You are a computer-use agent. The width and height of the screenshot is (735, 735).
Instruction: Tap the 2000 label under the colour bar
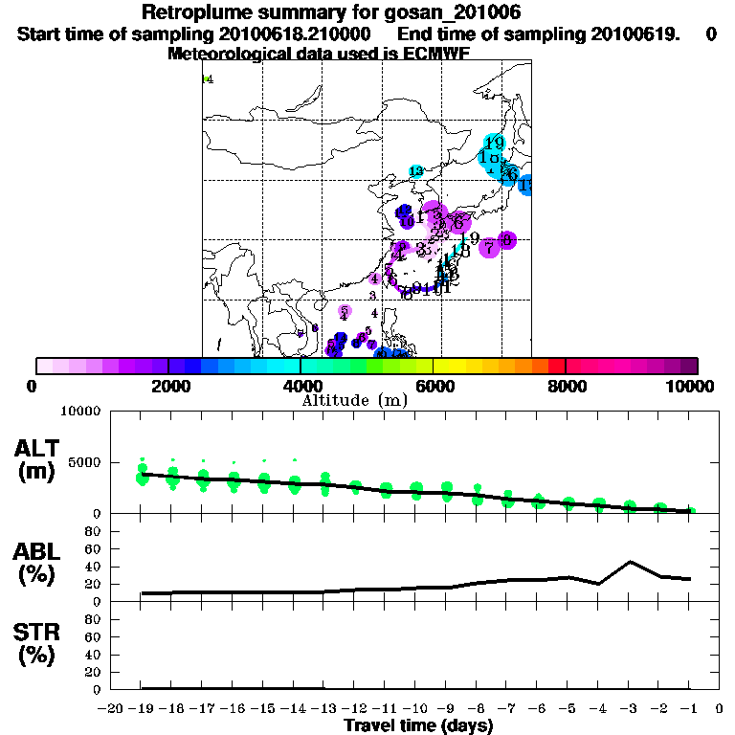[167, 386]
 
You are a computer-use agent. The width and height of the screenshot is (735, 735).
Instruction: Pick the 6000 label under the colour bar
[433, 386]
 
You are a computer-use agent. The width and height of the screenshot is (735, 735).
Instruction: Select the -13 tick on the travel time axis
[323, 708]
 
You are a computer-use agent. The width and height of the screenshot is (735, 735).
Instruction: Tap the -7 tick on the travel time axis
[506, 708]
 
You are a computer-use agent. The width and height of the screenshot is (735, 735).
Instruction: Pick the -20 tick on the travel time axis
[111, 708]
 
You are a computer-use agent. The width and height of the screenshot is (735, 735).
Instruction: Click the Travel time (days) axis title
[418, 725]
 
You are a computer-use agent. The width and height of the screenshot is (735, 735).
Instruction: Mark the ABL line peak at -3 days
[630, 562]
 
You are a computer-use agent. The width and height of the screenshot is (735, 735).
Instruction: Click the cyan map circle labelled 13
[416, 171]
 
